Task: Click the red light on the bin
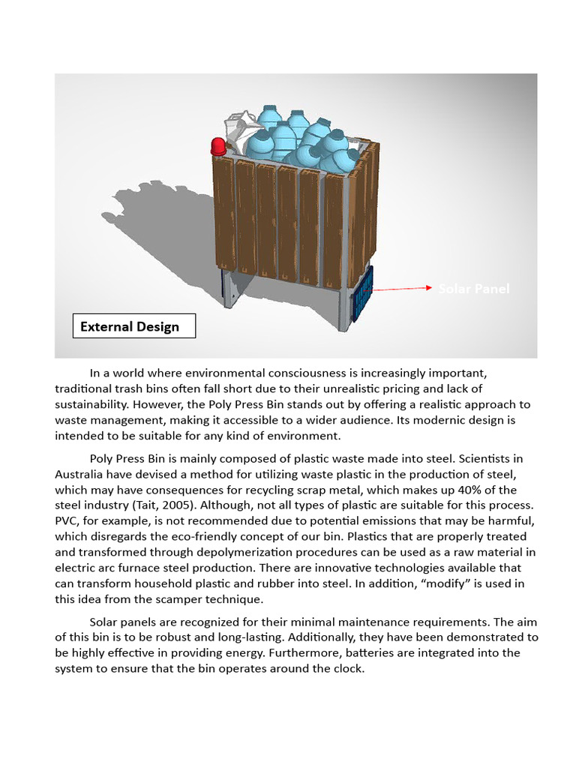click(218, 146)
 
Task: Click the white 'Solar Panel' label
click(473, 289)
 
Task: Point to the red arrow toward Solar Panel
click(402, 288)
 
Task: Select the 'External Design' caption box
click(133, 326)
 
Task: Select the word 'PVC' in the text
click(67, 521)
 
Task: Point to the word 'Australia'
click(83, 474)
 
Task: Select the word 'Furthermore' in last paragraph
click(262, 653)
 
